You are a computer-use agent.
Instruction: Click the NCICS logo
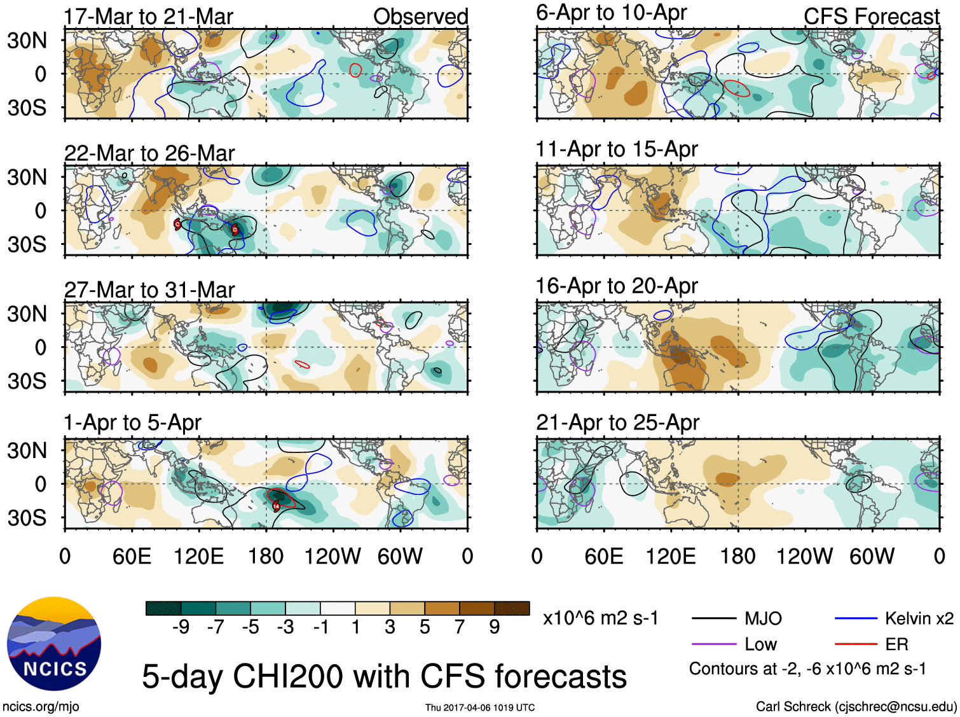tap(54, 643)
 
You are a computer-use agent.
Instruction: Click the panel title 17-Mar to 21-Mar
tap(148, 17)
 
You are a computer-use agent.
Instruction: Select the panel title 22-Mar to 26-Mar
tap(149, 153)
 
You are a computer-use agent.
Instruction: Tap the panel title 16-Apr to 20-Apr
tap(616, 286)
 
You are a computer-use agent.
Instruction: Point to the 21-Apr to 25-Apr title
tap(617, 422)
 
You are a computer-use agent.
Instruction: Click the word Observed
tap(420, 17)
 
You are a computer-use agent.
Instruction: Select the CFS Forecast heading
tap(871, 17)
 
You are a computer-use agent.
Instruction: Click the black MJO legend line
tap(713, 618)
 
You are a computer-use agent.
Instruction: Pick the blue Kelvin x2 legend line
tap(856, 618)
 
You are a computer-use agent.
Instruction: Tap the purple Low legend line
tap(713, 644)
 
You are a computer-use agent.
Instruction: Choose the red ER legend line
tap(856, 644)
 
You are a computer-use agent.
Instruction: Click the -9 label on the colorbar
tap(181, 627)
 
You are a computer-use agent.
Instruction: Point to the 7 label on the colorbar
tap(460, 627)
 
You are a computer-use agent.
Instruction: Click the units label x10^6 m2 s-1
tap(600, 618)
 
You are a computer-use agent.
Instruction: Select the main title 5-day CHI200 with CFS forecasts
tap(384, 676)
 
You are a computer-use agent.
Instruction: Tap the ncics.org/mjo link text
tap(41, 706)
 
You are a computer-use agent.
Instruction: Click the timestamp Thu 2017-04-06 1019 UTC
tap(480, 707)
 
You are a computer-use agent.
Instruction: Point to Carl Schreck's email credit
tap(856, 706)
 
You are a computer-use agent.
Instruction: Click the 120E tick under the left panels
tap(199, 557)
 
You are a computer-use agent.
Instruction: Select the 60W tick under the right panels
tap(872, 557)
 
